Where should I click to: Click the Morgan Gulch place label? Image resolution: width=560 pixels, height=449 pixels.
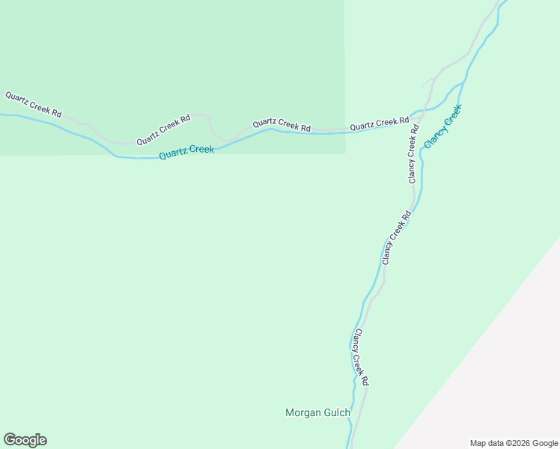pos(317,412)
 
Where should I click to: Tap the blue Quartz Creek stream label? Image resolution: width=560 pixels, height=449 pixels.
pos(186,152)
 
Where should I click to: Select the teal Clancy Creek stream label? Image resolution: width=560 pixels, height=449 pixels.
pos(443,125)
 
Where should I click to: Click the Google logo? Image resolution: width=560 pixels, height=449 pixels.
pos(25,440)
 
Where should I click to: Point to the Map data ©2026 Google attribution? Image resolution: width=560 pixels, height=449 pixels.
pos(514,443)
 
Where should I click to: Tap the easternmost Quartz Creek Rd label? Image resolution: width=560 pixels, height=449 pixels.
pos(379,123)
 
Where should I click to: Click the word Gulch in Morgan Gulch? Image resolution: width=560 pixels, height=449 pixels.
pos(336,412)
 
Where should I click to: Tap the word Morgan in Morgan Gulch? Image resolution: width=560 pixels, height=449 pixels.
pos(302,412)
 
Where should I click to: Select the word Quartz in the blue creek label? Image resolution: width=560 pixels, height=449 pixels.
pos(172,153)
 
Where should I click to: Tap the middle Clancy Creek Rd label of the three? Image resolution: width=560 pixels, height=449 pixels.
pos(397,238)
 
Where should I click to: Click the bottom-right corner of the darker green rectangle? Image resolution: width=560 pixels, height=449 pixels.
pos(344,154)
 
